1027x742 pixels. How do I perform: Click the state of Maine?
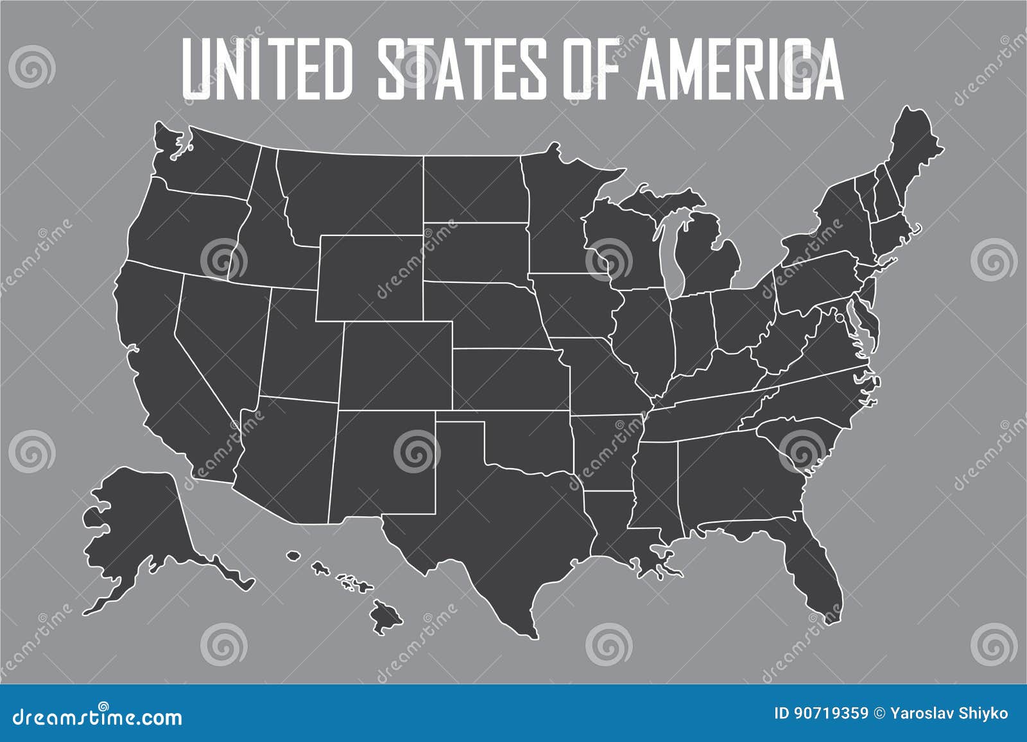coord(908,154)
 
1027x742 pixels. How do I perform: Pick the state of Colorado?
coord(395,366)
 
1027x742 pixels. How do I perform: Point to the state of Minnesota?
coord(558,212)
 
